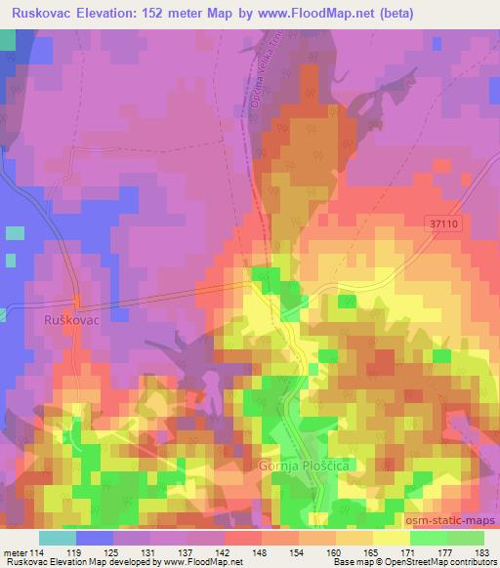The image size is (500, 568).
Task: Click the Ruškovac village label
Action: [67, 318]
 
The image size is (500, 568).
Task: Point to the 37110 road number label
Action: [443, 223]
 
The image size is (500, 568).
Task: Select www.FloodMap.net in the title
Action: [311, 14]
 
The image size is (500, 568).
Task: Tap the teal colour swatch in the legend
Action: [57, 538]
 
